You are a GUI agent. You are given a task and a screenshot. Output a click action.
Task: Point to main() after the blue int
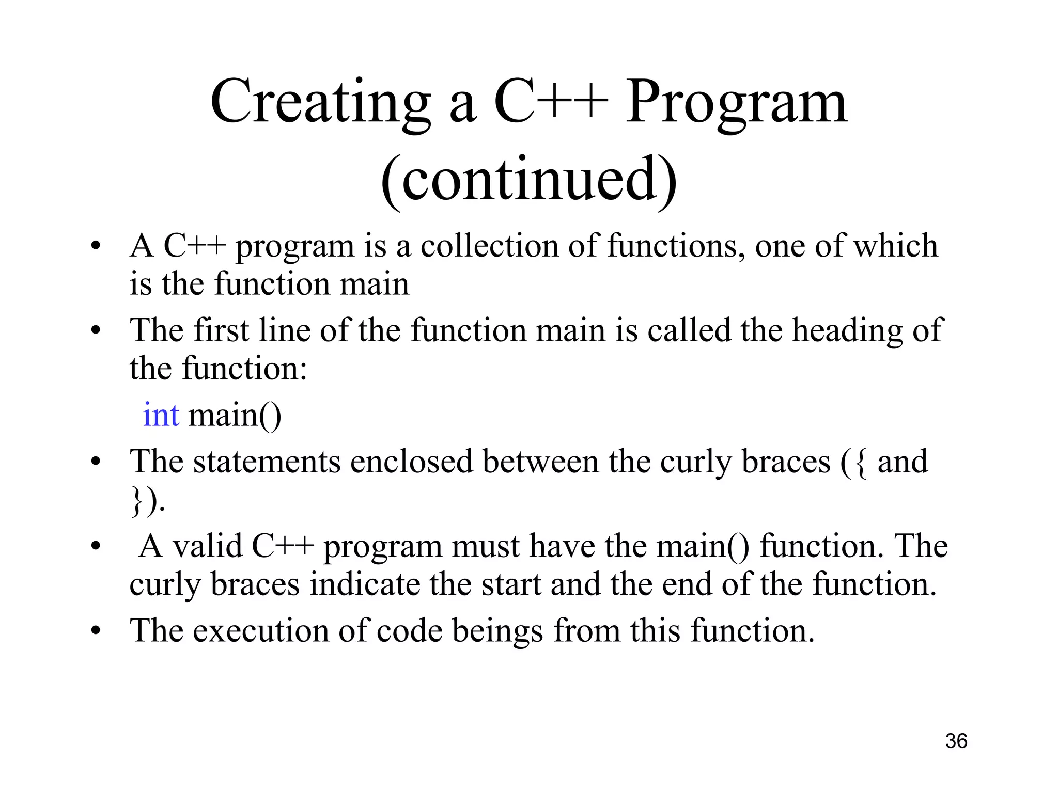(235, 416)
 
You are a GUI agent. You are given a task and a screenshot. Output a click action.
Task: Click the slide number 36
(956, 741)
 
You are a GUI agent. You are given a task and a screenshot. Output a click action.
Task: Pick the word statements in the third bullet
(267, 462)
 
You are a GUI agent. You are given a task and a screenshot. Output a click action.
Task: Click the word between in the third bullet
(540, 462)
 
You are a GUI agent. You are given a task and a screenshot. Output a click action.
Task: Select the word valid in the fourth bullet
(207, 546)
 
